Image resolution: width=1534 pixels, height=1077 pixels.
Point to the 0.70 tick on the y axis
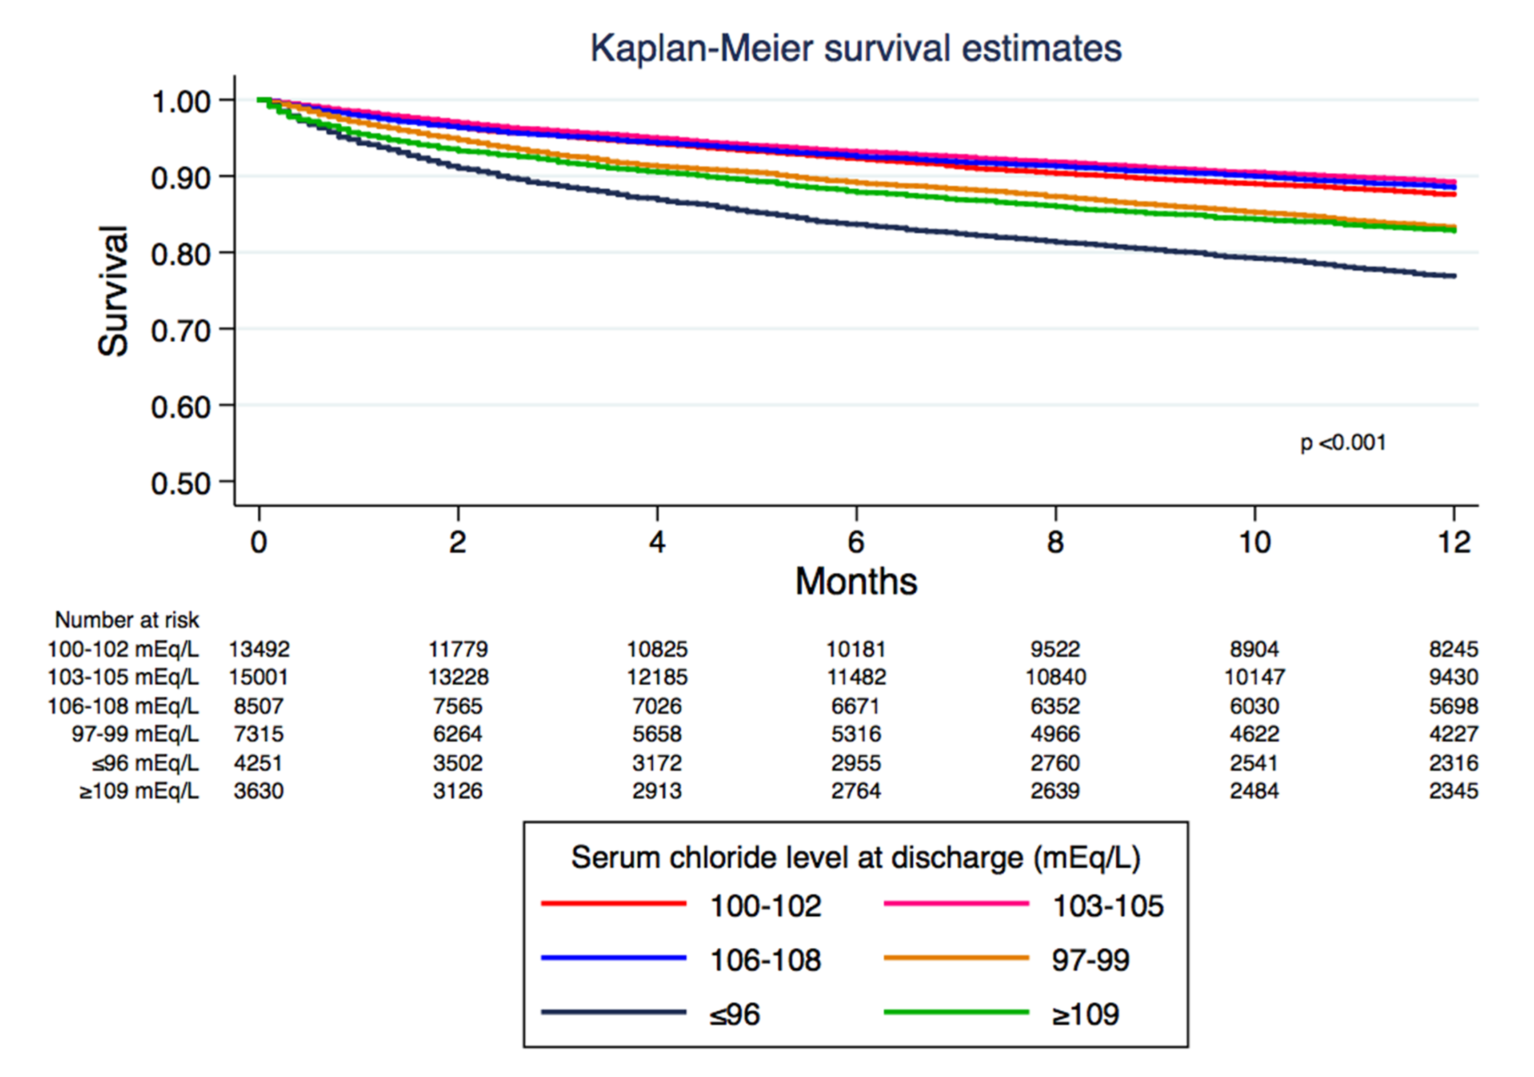[x=180, y=331]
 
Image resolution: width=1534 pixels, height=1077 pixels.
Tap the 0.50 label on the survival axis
[x=180, y=483]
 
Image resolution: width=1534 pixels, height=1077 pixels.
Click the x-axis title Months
[x=856, y=581]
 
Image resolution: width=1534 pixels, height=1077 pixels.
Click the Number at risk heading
[x=127, y=620]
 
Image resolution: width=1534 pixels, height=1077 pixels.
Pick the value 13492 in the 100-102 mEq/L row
[x=259, y=649]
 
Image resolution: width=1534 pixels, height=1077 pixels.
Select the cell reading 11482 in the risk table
[x=856, y=677]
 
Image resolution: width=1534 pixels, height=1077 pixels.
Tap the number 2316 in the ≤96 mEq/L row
[x=1453, y=762]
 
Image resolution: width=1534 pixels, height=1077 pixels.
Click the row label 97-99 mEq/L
[x=135, y=734]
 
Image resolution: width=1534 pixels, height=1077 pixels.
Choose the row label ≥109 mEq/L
[x=139, y=791]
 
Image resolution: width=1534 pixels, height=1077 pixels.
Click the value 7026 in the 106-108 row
[x=657, y=706]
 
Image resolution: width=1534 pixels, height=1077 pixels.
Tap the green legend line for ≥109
[x=956, y=1012]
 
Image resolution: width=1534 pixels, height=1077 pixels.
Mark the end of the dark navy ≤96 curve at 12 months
[x=1454, y=276]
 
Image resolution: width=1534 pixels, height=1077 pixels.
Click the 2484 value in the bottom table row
[x=1254, y=791]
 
